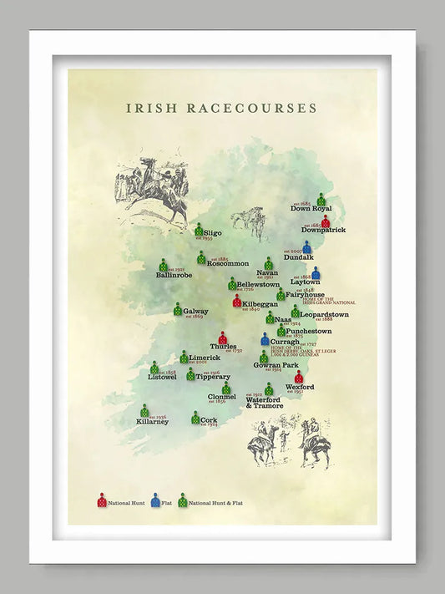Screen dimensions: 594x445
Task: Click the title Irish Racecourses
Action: (221, 108)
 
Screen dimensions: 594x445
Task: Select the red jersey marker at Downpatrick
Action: (326, 221)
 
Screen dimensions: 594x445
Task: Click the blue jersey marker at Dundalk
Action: (307, 247)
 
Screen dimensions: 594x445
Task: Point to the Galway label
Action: (196, 311)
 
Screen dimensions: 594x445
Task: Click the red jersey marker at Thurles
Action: (223, 338)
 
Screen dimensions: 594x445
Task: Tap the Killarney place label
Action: (152, 422)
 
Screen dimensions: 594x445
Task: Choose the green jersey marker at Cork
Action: (195, 417)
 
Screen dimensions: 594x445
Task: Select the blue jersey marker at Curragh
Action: (265, 339)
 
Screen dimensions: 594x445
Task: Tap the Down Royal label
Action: (311, 209)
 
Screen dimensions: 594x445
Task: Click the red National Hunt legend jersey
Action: (102, 500)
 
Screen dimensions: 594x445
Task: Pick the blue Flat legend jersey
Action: (155, 500)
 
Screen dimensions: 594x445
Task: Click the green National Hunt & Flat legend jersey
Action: (182, 500)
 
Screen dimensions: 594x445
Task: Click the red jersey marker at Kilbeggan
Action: (237, 300)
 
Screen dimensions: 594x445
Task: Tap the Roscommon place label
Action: (228, 264)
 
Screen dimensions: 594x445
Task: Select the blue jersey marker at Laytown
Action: (316, 273)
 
